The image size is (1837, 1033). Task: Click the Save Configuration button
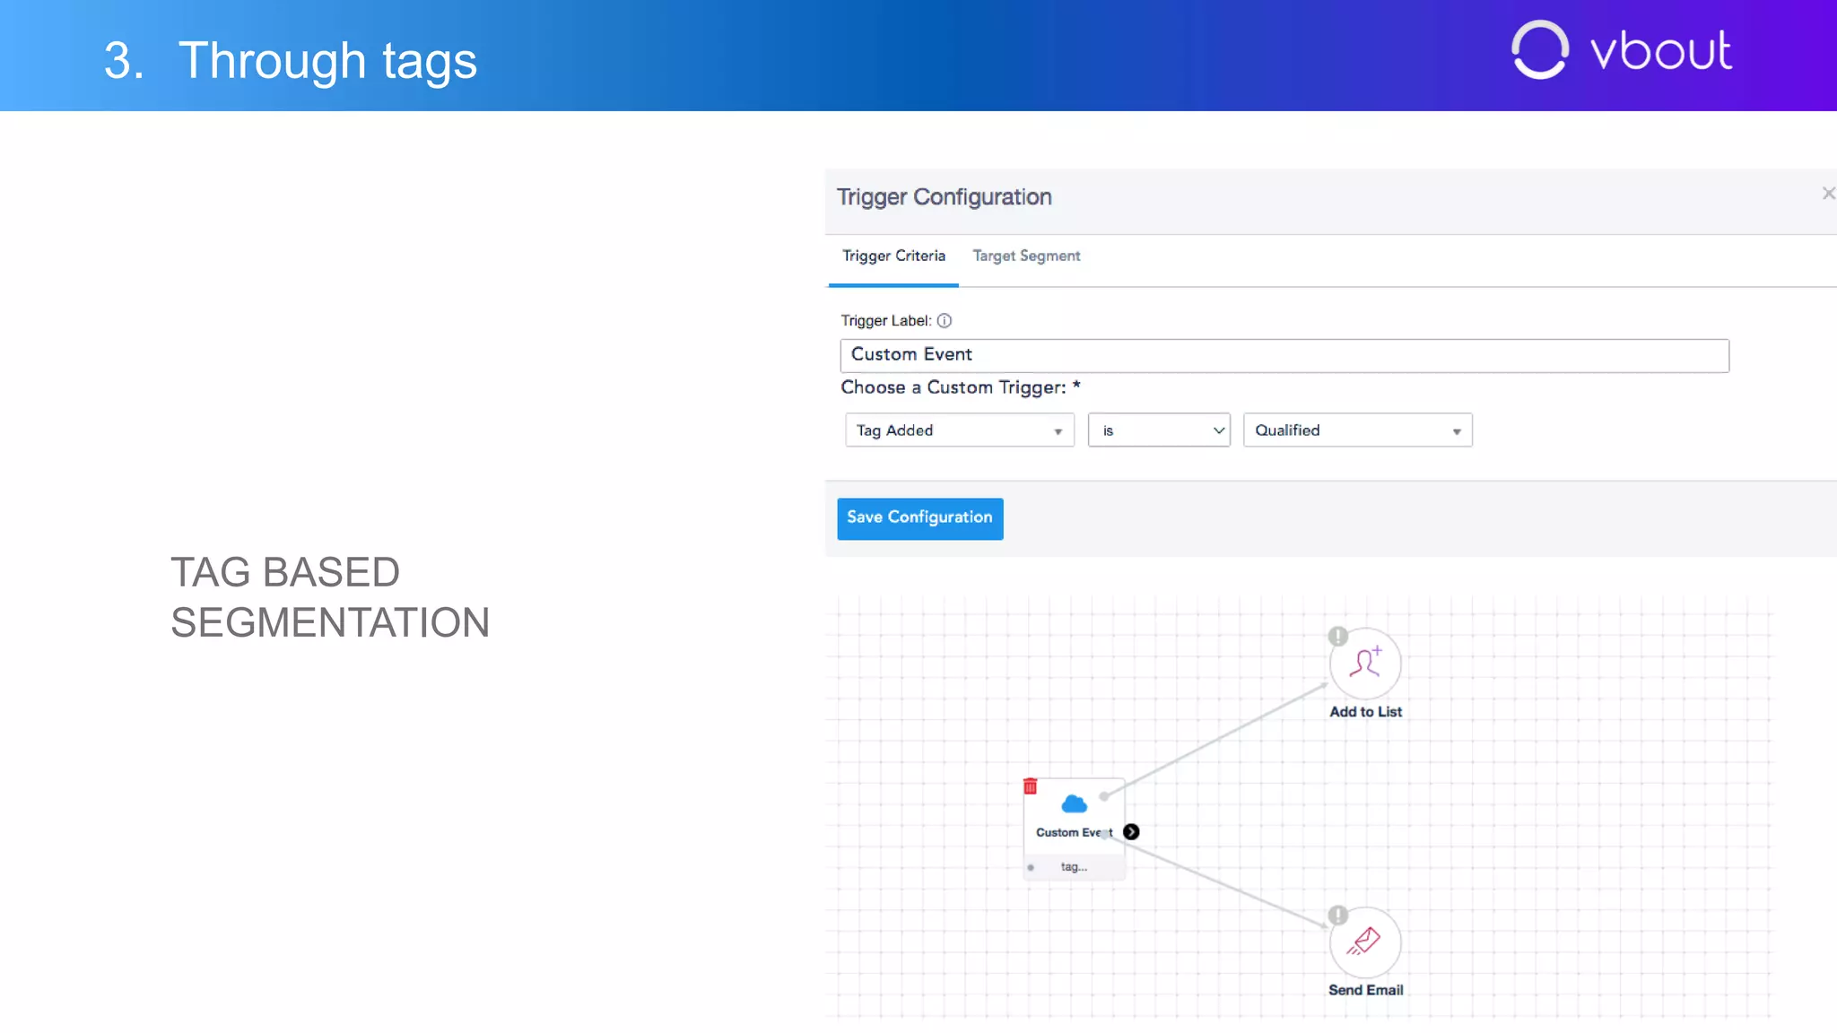pos(919,518)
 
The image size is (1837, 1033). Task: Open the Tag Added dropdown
pos(959,430)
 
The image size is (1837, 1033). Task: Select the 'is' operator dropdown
pos(1158,430)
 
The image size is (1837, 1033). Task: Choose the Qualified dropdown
pos(1357,430)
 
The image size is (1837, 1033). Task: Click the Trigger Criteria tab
pos(893,256)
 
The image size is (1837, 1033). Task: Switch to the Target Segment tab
pos(1026,256)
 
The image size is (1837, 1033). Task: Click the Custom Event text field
pos(1284,355)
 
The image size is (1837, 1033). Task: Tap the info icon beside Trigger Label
pos(945,321)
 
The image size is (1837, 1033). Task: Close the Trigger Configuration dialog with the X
pos(1828,194)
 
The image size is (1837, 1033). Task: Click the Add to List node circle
pos(1365,664)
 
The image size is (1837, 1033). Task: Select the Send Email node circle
pos(1365,942)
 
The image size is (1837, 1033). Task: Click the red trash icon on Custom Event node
pos(1031,786)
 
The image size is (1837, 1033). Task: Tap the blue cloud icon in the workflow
pos(1074,803)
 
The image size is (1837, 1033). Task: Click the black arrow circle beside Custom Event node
pos(1131,832)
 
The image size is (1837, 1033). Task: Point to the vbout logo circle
pos(1539,50)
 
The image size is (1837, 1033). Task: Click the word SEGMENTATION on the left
pos(330,623)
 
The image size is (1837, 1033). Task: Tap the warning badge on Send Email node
pos(1337,916)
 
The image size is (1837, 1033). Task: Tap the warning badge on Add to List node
pos(1337,637)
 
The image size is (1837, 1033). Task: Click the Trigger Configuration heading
pos(944,197)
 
